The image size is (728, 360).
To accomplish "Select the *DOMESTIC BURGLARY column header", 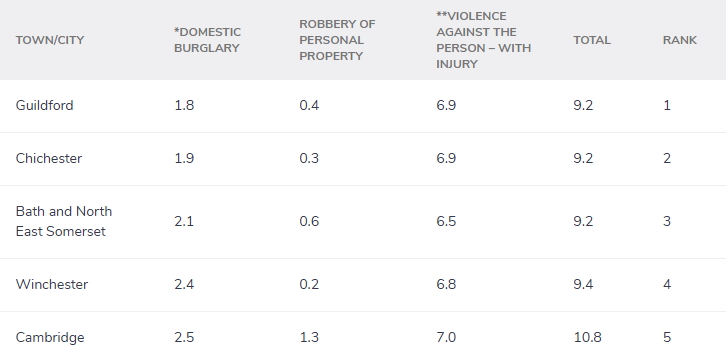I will coord(207,40).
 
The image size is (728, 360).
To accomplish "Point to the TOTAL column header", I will coord(592,40).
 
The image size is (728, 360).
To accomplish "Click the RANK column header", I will coord(680,40).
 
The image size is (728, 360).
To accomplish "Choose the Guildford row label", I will coord(45,105).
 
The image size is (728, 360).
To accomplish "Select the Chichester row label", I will coord(49,158).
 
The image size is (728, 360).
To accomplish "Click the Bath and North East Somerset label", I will coord(64,221).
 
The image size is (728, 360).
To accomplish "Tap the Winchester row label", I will coord(52,284).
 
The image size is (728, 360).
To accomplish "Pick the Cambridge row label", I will coord(49,337).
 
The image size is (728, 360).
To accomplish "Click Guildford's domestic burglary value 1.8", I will coord(184,105).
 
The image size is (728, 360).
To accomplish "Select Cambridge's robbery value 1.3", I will coord(309,337).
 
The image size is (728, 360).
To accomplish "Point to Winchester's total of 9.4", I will coord(583,284).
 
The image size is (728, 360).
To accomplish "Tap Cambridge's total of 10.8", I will coord(587,337).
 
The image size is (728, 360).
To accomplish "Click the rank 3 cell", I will coord(667,221).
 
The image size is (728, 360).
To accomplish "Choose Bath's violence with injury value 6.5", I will coord(447,221).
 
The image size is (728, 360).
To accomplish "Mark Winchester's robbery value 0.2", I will coord(309,284).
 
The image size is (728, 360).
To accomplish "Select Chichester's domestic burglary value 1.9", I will coord(184,158).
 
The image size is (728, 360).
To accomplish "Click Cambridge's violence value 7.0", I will coord(447,337).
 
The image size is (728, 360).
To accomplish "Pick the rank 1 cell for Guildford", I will coord(667,105).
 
